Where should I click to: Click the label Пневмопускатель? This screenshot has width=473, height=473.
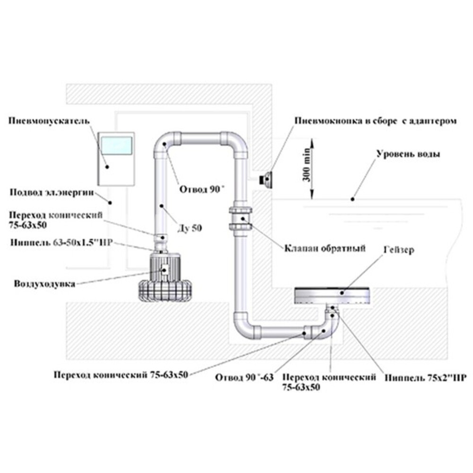[x=49, y=121]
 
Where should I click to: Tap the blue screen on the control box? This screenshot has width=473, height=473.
[x=116, y=146]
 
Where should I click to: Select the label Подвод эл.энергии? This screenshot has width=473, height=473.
[x=52, y=193]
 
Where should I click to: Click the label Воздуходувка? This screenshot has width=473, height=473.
[x=44, y=284]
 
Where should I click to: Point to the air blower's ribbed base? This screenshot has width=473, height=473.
[x=165, y=290]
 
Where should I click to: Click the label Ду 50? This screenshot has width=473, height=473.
[x=190, y=228]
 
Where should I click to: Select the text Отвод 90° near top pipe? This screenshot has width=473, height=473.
[x=202, y=190]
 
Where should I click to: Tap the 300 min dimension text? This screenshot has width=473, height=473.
[x=306, y=165]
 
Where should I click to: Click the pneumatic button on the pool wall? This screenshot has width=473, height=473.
[x=266, y=179]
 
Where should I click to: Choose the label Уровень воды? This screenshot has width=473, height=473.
[x=408, y=154]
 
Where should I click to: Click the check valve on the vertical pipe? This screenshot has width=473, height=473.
[x=240, y=218]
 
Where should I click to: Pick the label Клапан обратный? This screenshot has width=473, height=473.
[x=325, y=248]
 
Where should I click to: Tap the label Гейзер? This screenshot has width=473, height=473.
[x=399, y=250]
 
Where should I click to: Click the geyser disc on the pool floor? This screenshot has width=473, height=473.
[x=332, y=296]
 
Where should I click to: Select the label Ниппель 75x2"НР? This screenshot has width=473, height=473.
[x=425, y=377]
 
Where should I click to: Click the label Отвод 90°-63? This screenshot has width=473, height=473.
[x=245, y=377]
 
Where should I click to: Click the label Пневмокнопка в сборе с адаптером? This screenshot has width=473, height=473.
[x=376, y=121]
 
